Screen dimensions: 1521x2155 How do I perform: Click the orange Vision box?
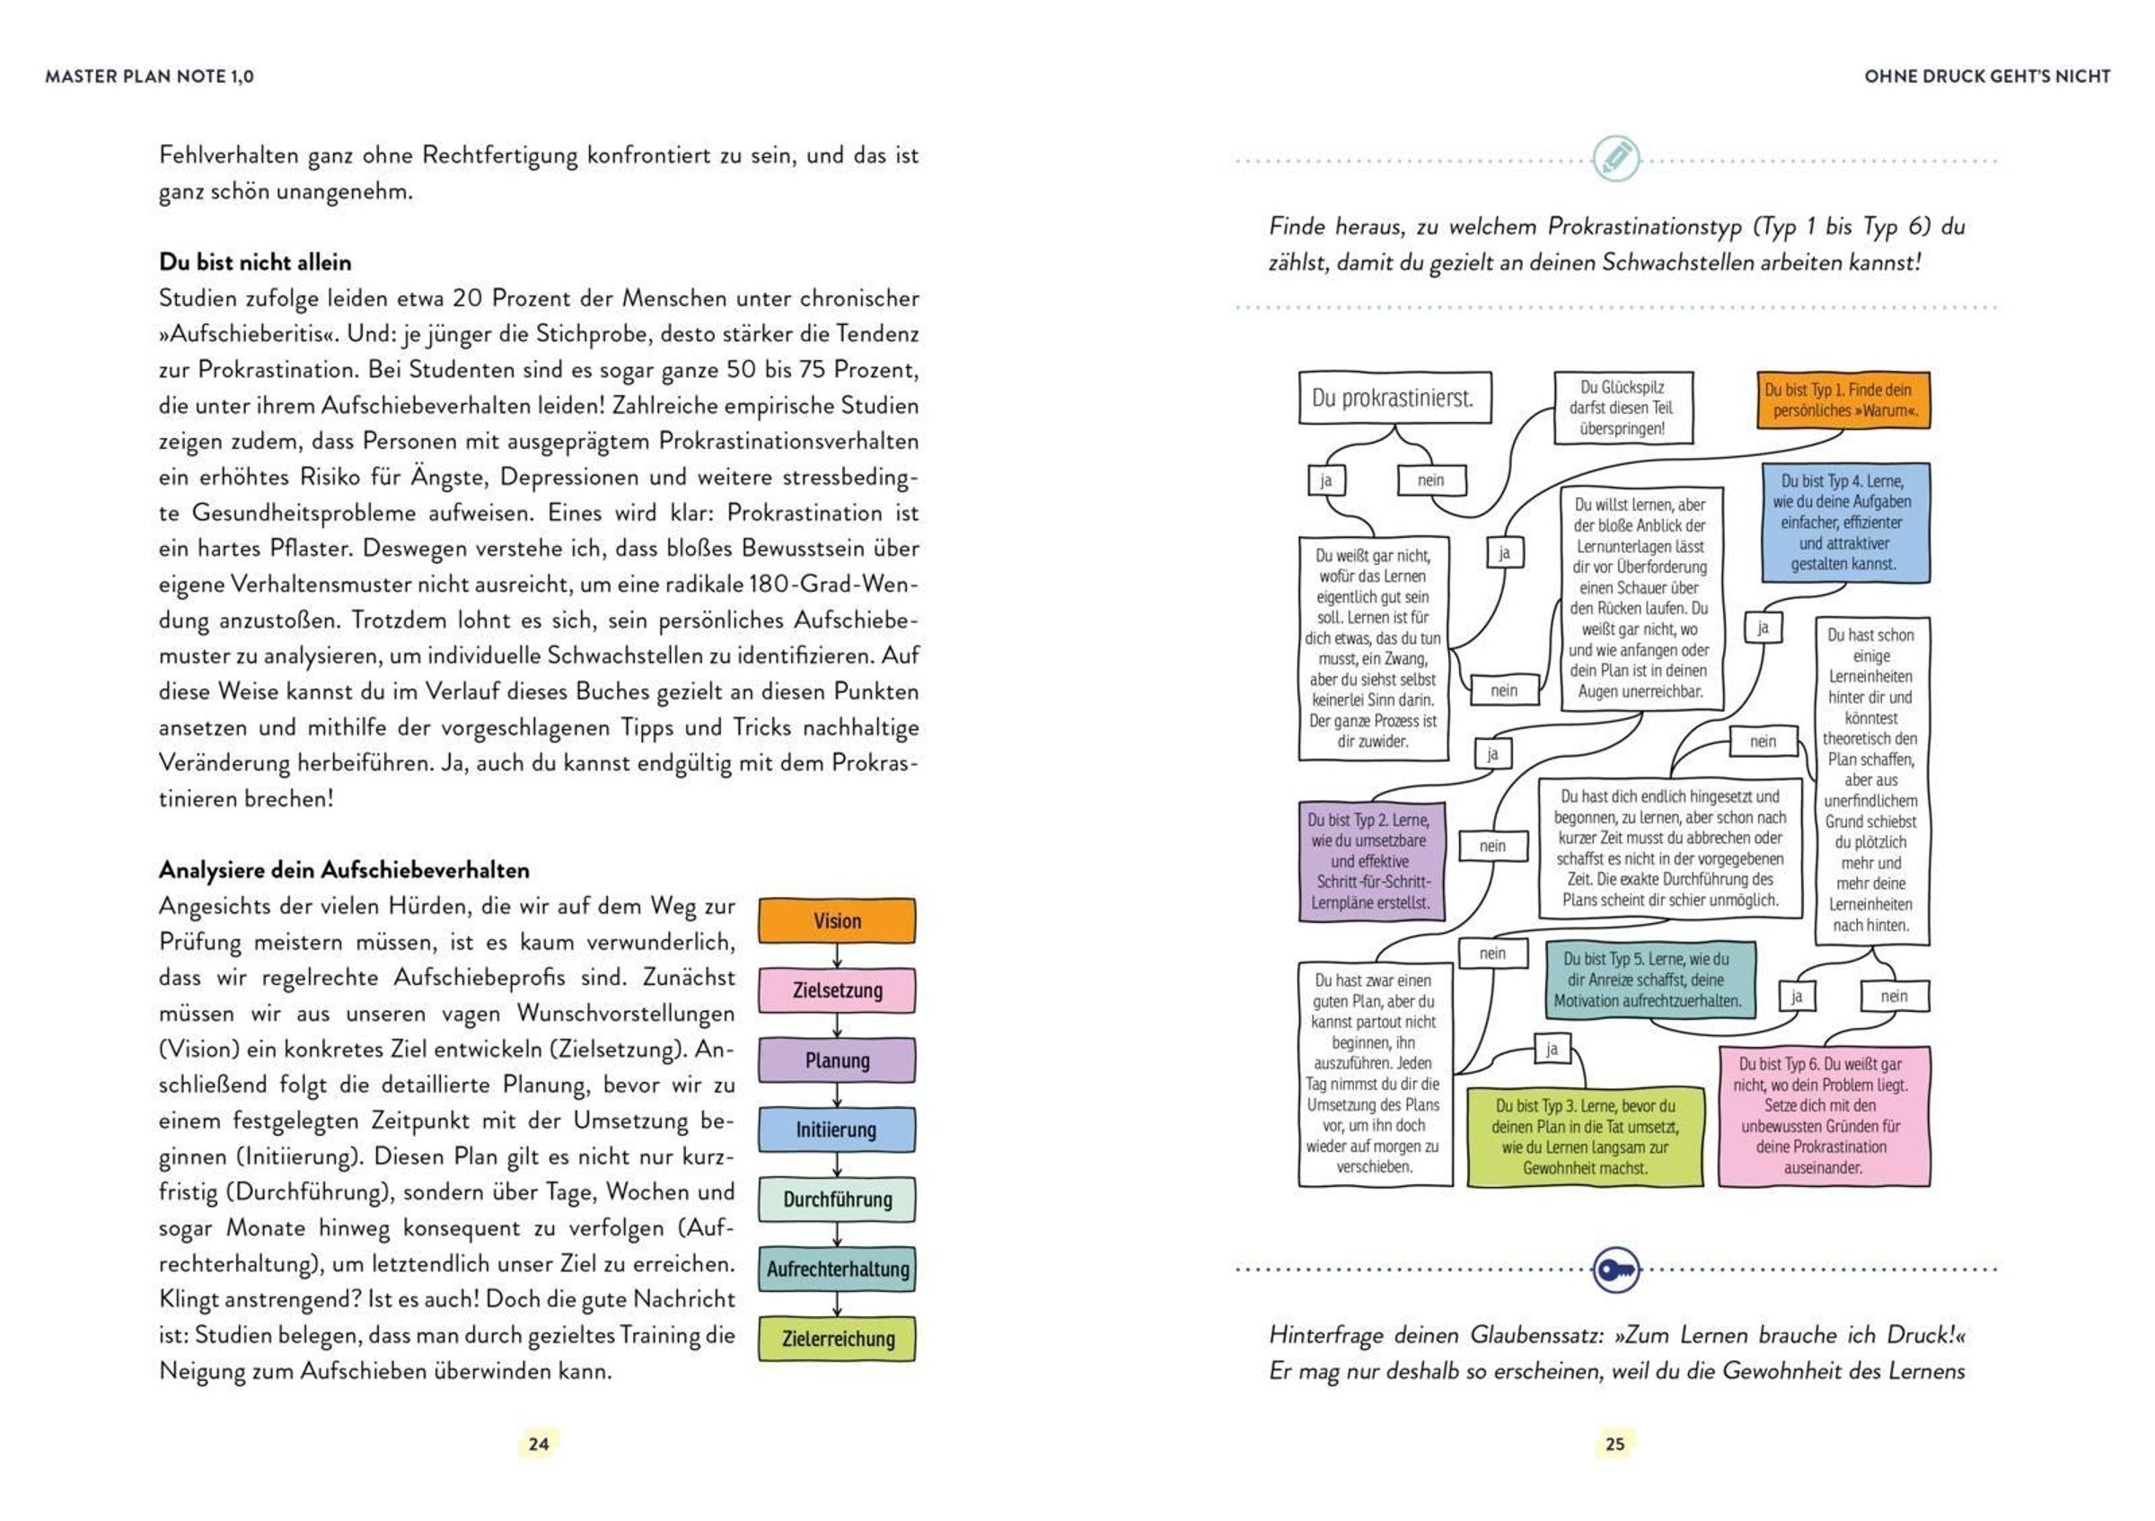tap(836, 920)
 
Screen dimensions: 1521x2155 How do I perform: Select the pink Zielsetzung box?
tap(836, 990)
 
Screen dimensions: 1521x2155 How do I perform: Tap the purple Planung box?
tap(836, 1060)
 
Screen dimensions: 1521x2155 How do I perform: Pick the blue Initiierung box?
tap(836, 1130)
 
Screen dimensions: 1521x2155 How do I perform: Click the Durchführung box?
tap(836, 1200)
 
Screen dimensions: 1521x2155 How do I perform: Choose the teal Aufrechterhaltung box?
tap(836, 1269)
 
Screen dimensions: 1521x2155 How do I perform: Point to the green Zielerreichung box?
tap(836, 1338)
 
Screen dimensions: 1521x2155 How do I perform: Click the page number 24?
tap(539, 1443)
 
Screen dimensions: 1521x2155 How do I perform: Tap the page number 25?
tap(1614, 1443)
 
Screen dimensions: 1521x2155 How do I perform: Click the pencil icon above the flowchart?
tap(1615, 159)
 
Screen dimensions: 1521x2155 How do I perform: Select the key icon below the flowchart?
tap(1615, 1270)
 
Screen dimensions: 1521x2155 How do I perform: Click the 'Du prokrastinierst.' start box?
tap(1394, 398)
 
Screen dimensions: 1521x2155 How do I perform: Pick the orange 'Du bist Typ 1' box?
tap(1843, 400)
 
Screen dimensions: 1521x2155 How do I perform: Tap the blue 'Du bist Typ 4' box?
tap(1844, 523)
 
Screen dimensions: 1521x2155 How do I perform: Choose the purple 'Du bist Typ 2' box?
tap(1370, 861)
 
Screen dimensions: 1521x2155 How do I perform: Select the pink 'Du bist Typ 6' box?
tap(1824, 1116)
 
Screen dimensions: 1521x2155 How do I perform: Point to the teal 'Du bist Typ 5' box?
tap(1649, 980)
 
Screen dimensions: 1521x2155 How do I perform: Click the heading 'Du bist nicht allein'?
tap(255, 262)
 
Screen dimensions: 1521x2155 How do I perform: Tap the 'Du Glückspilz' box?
tap(1623, 409)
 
